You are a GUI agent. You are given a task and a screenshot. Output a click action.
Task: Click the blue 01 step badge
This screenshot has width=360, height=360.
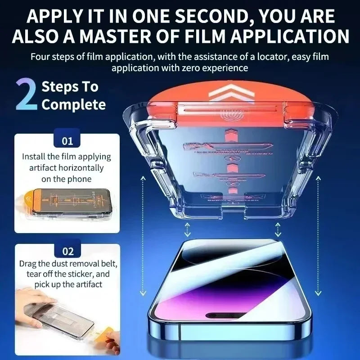click(x=67, y=141)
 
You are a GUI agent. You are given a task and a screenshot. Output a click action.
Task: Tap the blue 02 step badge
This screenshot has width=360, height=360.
click(x=67, y=251)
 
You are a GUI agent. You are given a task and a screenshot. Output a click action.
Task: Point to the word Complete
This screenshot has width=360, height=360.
click(x=74, y=105)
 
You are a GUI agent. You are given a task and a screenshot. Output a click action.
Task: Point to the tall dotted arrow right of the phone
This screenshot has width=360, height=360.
click(x=318, y=236)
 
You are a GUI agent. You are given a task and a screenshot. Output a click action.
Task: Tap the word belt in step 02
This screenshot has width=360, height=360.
click(x=108, y=263)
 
